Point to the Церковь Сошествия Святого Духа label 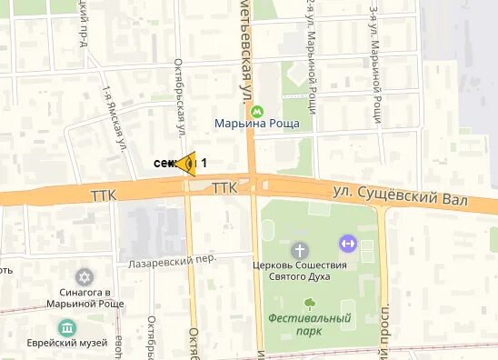click(x=299, y=272)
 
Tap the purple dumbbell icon click(x=346, y=243)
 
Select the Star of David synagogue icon click(x=85, y=275)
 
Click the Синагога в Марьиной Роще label click(x=80, y=298)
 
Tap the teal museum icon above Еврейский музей click(x=66, y=327)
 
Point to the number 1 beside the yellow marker click(x=204, y=163)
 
